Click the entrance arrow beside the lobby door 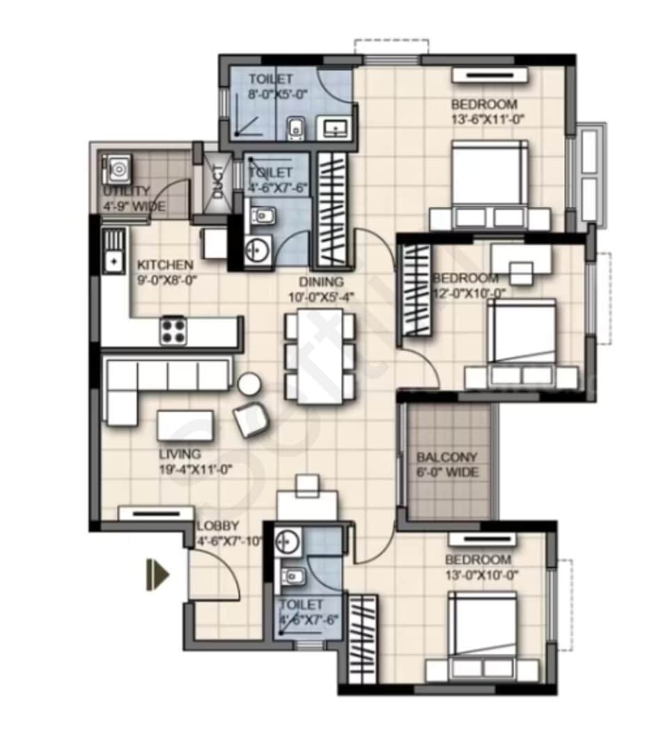(157, 575)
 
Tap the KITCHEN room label (164, 265)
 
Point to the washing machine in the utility (116, 170)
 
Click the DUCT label (219, 182)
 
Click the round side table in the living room (249, 384)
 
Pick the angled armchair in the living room (251, 419)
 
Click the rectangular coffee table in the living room (185, 425)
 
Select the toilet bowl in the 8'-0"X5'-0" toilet (295, 128)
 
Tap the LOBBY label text (217, 526)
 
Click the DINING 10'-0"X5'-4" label (321, 288)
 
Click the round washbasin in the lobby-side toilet (287, 540)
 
